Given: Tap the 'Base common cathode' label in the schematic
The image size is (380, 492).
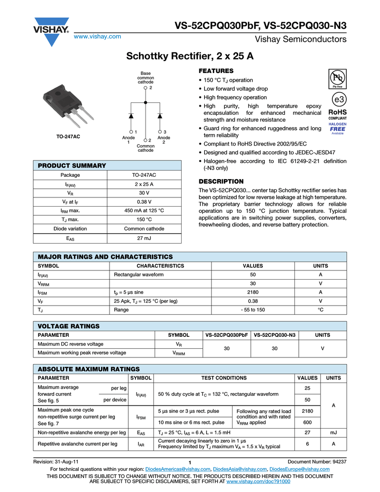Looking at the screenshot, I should [146, 77].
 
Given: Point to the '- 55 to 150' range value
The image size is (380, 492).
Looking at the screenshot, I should [253, 310].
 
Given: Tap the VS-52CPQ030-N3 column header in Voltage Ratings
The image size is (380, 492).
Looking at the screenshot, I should [274, 335].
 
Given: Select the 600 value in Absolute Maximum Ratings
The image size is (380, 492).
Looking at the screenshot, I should [307, 423].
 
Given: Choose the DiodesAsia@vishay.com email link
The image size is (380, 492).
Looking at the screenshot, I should [240, 469].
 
